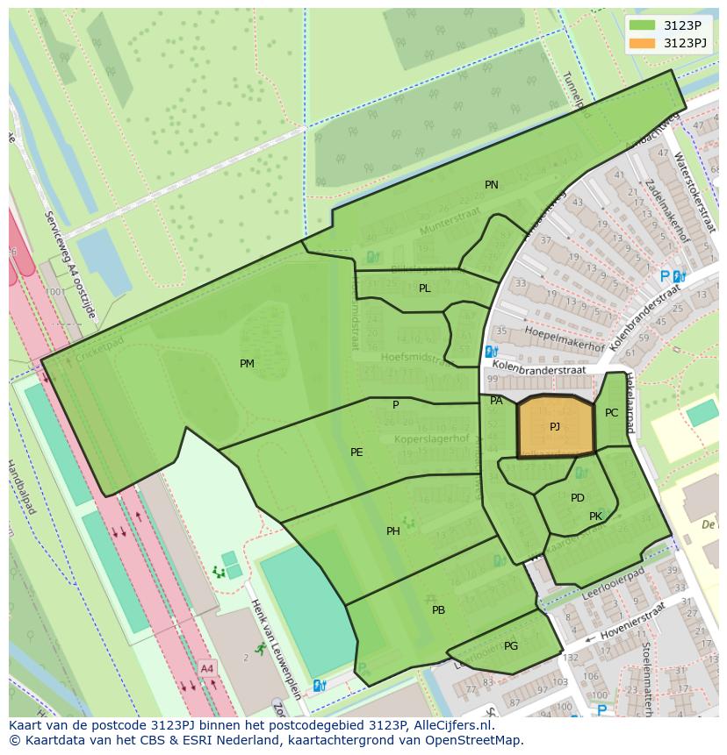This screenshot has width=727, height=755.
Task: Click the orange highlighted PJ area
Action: pos(555,427)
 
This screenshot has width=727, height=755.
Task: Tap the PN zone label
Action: pos(492,185)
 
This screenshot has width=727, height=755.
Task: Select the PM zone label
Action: pos(247,364)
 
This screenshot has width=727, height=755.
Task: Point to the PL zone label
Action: pos(425,288)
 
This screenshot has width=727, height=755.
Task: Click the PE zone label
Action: pos(356,452)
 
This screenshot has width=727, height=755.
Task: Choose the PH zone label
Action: pos(393,531)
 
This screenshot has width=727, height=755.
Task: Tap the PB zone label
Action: pos(438,610)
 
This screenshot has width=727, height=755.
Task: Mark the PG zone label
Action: pos(511,646)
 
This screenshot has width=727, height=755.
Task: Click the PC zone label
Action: pos(612,413)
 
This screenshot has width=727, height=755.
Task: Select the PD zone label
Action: pos(578,498)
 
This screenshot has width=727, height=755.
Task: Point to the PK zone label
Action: pos(595,516)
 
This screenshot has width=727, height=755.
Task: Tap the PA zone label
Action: pos(496,401)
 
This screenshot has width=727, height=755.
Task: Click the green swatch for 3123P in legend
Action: pos(642,25)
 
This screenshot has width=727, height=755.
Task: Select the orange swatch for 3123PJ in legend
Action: pos(642,43)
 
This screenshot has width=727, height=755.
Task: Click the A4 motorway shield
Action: pos(206,669)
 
